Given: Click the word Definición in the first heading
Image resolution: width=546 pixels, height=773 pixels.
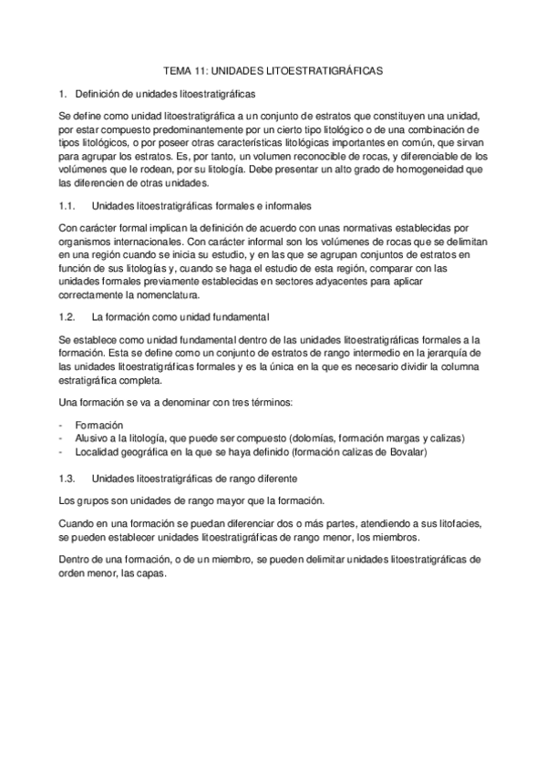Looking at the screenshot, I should (98, 93).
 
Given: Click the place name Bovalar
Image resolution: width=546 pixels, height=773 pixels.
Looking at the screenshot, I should (433, 452).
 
